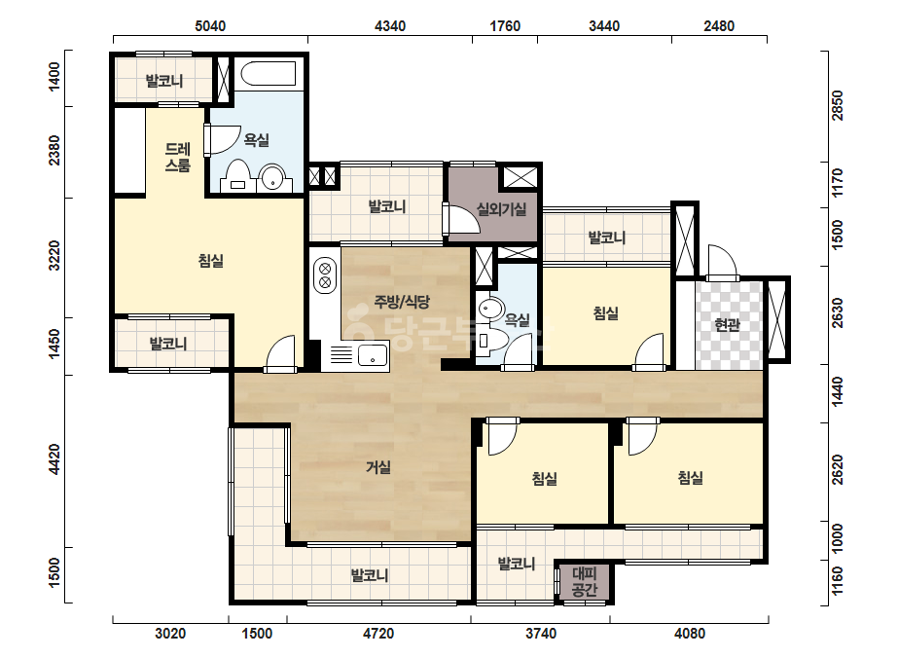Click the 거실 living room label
pyautogui.click(x=378, y=468)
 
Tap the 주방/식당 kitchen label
pyautogui.click(x=402, y=302)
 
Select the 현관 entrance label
pyautogui.click(x=728, y=325)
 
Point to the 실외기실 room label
pyautogui.click(x=502, y=209)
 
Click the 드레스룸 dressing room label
pyautogui.click(x=177, y=158)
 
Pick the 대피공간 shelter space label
pyautogui.click(x=584, y=581)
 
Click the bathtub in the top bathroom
pyautogui.click(x=268, y=74)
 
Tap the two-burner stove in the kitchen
pyautogui.click(x=325, y=275)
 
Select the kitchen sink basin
pyautogui.click(x=373, y=354)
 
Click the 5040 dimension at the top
pyautogui.click(x=210, y=25)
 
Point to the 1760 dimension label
pyautogui.click(x=505, y=25)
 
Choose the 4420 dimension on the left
pyautogui.click(x=54, y=459)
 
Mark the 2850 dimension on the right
pyautogui.click(x=838, y=105)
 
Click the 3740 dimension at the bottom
pyautogui.click(x=541, y=634)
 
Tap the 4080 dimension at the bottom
pyautogui.click(x=690, y=634)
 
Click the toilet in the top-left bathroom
pyautogui.click(x=237, y=175)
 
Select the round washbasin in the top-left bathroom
pyautogui.click(x=273, y=178)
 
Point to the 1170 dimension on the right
pyautogui.click(x=838, y=183)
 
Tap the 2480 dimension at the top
pyautogui.click(x=719, y=25)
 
